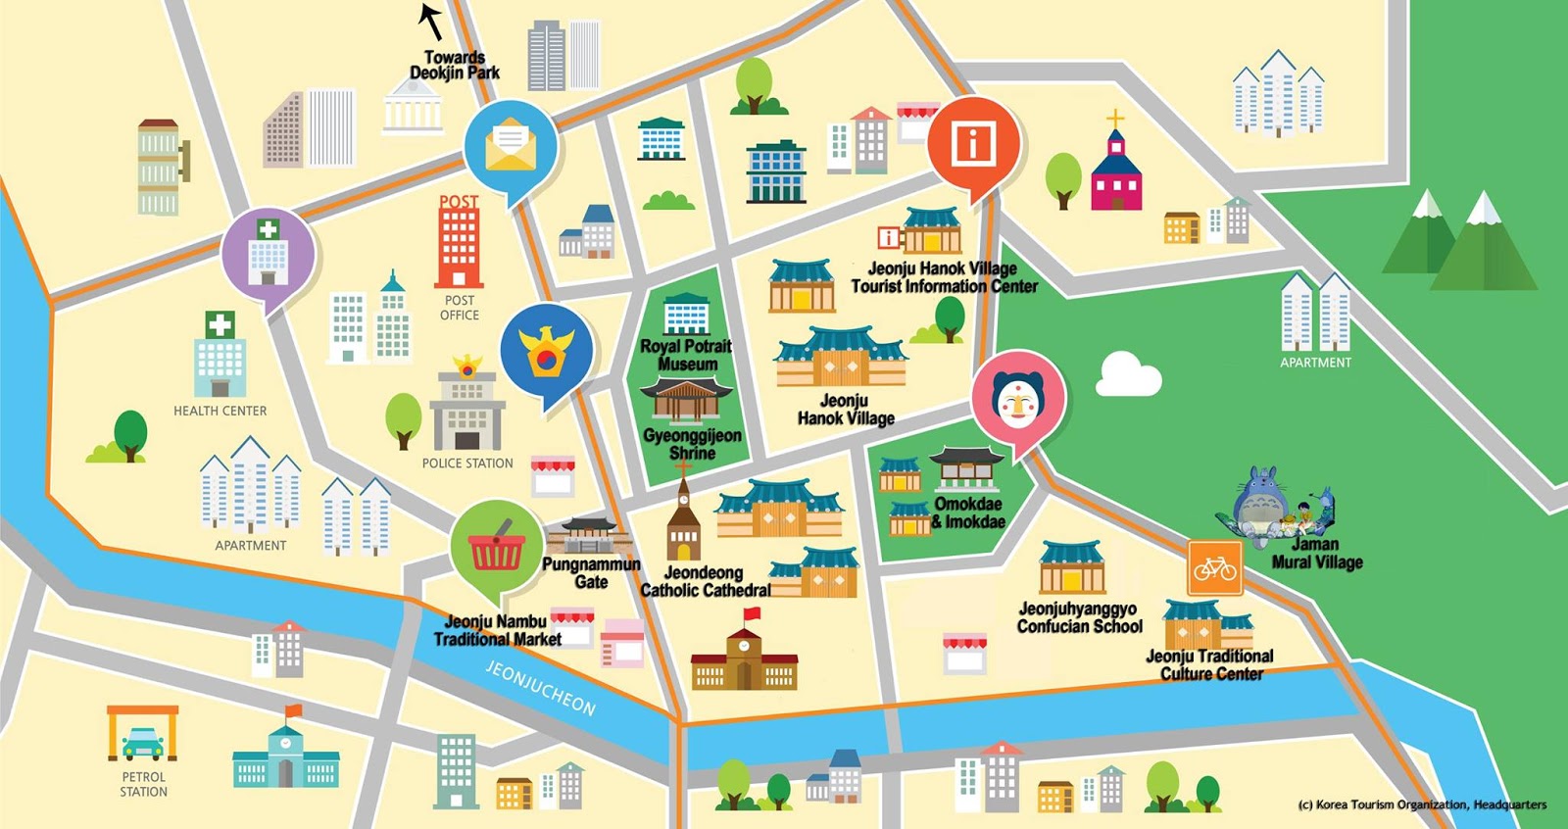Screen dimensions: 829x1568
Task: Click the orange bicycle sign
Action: [x=1214, y=567]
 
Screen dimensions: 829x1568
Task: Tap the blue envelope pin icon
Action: [x=511, y=147]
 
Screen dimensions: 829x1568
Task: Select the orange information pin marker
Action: [x=973, y=143]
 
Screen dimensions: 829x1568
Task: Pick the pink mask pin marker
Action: [x=1017, y=399]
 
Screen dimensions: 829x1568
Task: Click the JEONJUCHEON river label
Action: [x=540, y=686]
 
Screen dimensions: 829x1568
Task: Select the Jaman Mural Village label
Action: [x=1316, y=553]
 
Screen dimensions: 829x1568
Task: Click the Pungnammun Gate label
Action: [x=591, y=572]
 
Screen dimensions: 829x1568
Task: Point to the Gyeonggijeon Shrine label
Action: [x=692, y=444]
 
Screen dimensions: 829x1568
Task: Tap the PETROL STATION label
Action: [x=143, y=784]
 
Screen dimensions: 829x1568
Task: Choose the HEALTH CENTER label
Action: [x=220, y=411]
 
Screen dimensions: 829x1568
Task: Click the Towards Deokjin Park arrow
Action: [x=429, y=20]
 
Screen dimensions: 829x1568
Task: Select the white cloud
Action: [x=1128, y=375]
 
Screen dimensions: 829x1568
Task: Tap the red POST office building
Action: [x=458, y=242]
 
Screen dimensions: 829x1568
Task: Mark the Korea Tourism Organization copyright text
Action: [x=1421, y=805]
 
